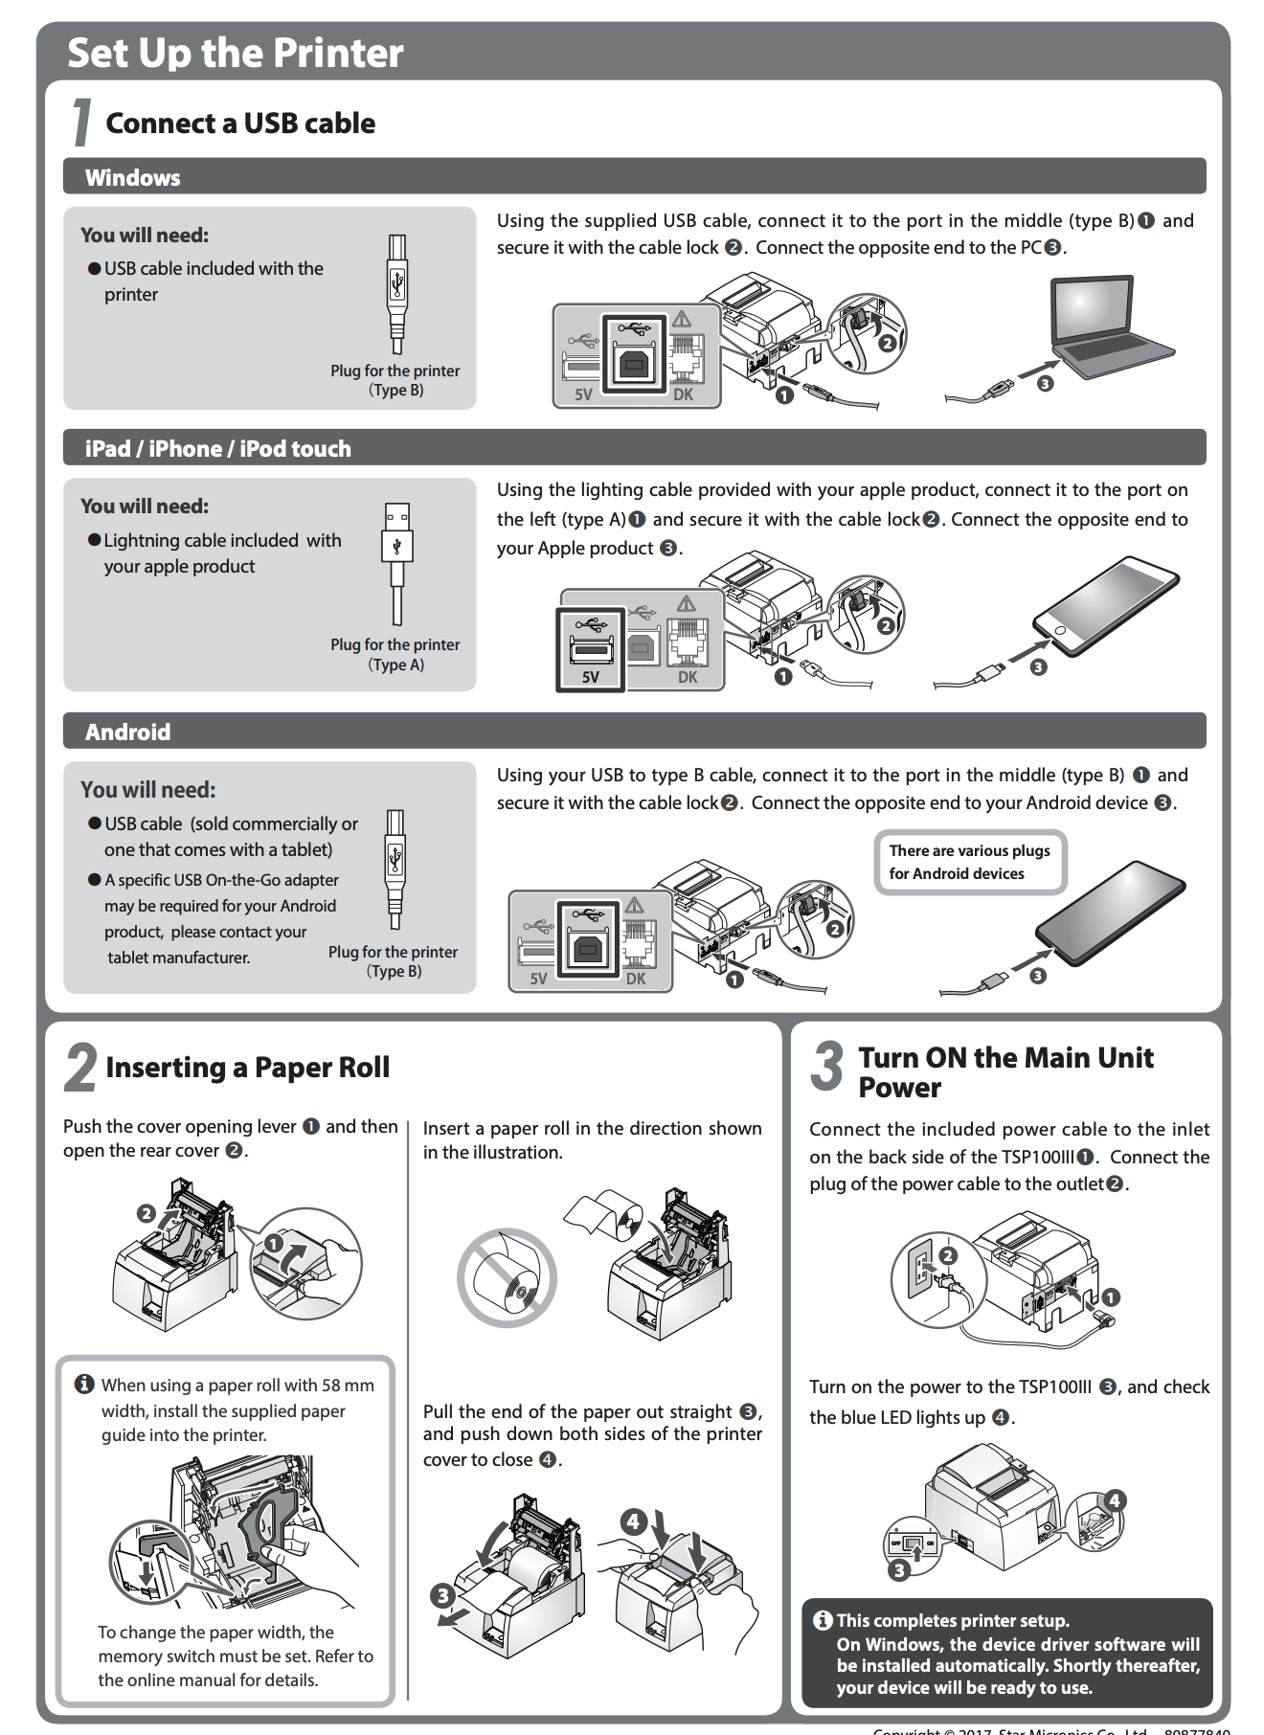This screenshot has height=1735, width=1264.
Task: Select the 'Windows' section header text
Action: pos(132,178)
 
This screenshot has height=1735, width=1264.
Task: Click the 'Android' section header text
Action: pos(127,732)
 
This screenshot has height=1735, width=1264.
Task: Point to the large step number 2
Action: pos(81,1069)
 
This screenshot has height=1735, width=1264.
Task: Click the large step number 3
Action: pos(826,1067)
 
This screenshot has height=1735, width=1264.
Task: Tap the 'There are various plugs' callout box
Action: pos(969,862)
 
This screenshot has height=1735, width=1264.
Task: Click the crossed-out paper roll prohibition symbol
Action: pos(507,1277)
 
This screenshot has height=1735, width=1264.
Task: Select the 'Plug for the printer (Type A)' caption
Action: pos(395,655)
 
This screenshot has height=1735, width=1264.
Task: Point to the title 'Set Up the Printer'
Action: pos(236,53)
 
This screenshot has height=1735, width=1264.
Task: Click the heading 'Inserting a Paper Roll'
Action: pos(247,1068)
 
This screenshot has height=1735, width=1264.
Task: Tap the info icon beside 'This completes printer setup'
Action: pos(823,1620)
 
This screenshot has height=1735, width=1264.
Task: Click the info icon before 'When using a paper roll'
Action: pos(84,1385)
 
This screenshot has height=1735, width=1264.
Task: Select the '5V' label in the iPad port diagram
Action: pos(591,677)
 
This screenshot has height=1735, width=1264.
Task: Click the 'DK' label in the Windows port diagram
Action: pos(683,394)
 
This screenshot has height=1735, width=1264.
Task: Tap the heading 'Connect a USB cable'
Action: pos(240,124)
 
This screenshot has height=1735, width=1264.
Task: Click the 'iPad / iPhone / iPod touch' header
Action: pos(217,449)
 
